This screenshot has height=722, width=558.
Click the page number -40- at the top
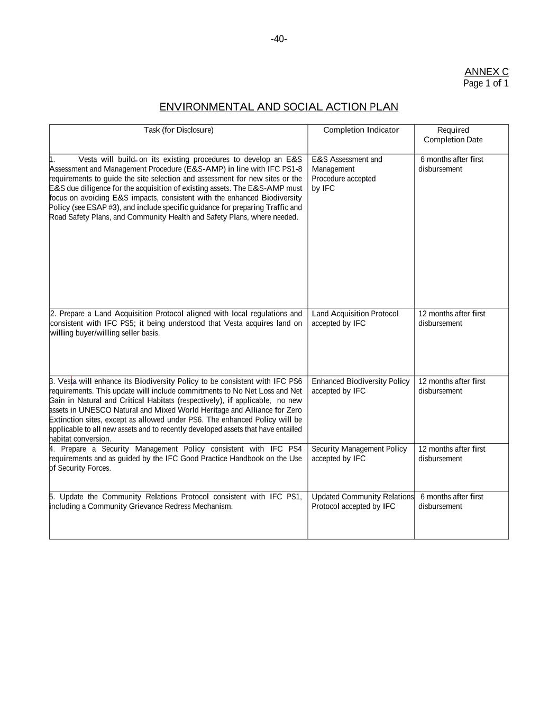(x=279, y=39)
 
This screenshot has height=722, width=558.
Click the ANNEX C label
(x=486, y=72)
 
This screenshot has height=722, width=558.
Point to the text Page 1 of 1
(x=486, y=84)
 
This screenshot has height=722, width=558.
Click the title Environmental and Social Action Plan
(x=279, y=107)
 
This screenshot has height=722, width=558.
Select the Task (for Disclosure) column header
(x=178, y=130)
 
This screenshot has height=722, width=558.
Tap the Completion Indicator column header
(x=361, y=130)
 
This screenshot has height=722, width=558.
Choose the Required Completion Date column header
(x=453, y=135)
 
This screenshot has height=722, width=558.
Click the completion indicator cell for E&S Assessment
(x=346, y=173)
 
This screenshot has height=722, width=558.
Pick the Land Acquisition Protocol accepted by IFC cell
(x=354, y=318)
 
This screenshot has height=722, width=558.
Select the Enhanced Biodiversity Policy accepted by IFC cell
(x=360, y=386)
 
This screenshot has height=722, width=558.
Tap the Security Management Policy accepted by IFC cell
(x=359, y=454)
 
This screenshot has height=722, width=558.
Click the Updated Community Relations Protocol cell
(x=362, y=501)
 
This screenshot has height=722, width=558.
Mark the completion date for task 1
(x=451, y=164)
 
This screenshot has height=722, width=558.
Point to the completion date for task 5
(x=451, y=501)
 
